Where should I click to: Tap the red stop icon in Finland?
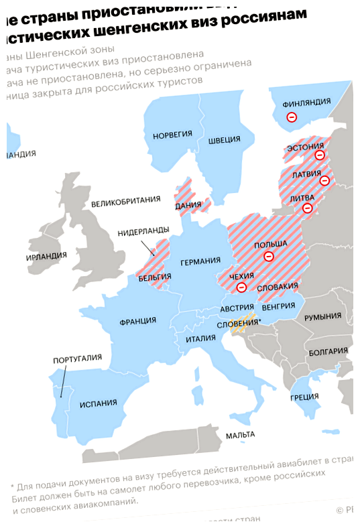click(x=291, y=117)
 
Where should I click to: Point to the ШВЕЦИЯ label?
click(x=224, y=139)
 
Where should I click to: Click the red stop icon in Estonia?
click(x=320, y=155)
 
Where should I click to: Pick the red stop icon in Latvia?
click(x=324, y=180)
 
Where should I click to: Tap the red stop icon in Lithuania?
click(x=308, y=208)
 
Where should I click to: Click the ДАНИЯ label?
click(x=188, y=205)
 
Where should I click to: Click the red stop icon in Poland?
click(x=269, y=256)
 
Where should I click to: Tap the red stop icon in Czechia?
click(x=242, y=287)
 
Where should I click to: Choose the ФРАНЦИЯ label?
click(x=137, y=321)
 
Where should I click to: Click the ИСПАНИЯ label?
click(x=99, y=403)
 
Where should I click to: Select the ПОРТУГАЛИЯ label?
click(x=77, y=360)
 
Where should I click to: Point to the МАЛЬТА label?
click(x=240, y=435)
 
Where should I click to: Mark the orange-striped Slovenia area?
click(x=241, y=324)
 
